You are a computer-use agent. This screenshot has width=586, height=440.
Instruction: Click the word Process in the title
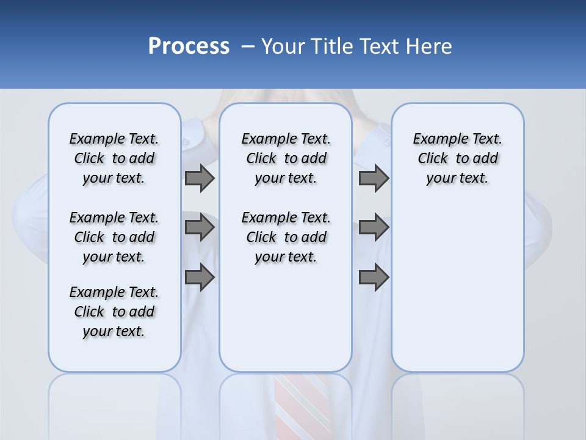pyautogui.click(x=189, y=46)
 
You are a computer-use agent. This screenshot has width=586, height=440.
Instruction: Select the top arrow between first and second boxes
pyautogui.click(x=200, y=178)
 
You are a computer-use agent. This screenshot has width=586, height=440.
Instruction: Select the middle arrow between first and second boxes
pyautogui.click(x=200, y=227)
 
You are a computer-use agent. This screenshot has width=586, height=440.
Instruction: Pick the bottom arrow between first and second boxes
pyautogui.click(x=200, y=277)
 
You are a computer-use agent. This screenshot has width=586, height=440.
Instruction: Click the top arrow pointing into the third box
pyautogui.click(x=374, y=178)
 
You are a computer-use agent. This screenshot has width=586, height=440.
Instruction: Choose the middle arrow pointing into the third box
pyautogui.click(x=374, y=227)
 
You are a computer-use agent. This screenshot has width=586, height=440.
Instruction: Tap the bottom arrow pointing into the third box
pyautogui.click(x=374, y=277)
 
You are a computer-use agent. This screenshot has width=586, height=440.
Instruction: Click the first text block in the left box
pyautogui.click(x=114, y=158)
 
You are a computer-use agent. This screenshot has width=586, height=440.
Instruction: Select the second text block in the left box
pyautogui.click(x=114, y=237)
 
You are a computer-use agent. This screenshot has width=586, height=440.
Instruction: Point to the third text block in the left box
pyautogui.click(x=114, y=312)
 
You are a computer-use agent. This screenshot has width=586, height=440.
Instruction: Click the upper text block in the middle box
pyautogui.click(x=286, y=158)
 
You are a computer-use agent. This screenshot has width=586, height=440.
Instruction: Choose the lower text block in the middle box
pyautogui.click(x=286, y=237)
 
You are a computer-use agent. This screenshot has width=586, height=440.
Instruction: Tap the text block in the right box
pyautogui.click(x=457, y=158)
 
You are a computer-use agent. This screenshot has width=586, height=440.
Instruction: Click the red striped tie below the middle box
pyautogui.click(x=303, y=403)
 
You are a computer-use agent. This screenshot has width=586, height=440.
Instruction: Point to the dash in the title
pyautogui.click(x=248, y=46)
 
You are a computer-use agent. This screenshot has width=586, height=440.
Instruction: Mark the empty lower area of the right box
pyautogui.click(x=457, y=287)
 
